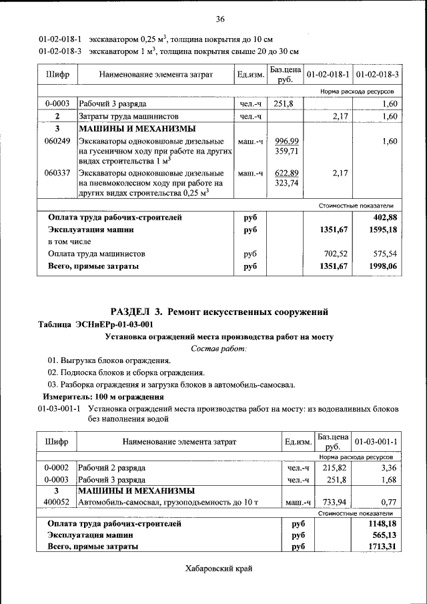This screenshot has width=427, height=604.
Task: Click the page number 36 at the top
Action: tap(220, 18)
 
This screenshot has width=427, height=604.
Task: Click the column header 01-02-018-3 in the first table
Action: tap(378, 74)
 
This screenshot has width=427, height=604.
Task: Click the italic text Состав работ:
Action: tap(219, 348)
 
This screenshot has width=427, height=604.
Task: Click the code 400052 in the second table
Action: tap(57, 502)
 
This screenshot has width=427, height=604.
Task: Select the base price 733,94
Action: tap(332, 502)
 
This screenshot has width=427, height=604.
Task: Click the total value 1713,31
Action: tap(383, 547)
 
